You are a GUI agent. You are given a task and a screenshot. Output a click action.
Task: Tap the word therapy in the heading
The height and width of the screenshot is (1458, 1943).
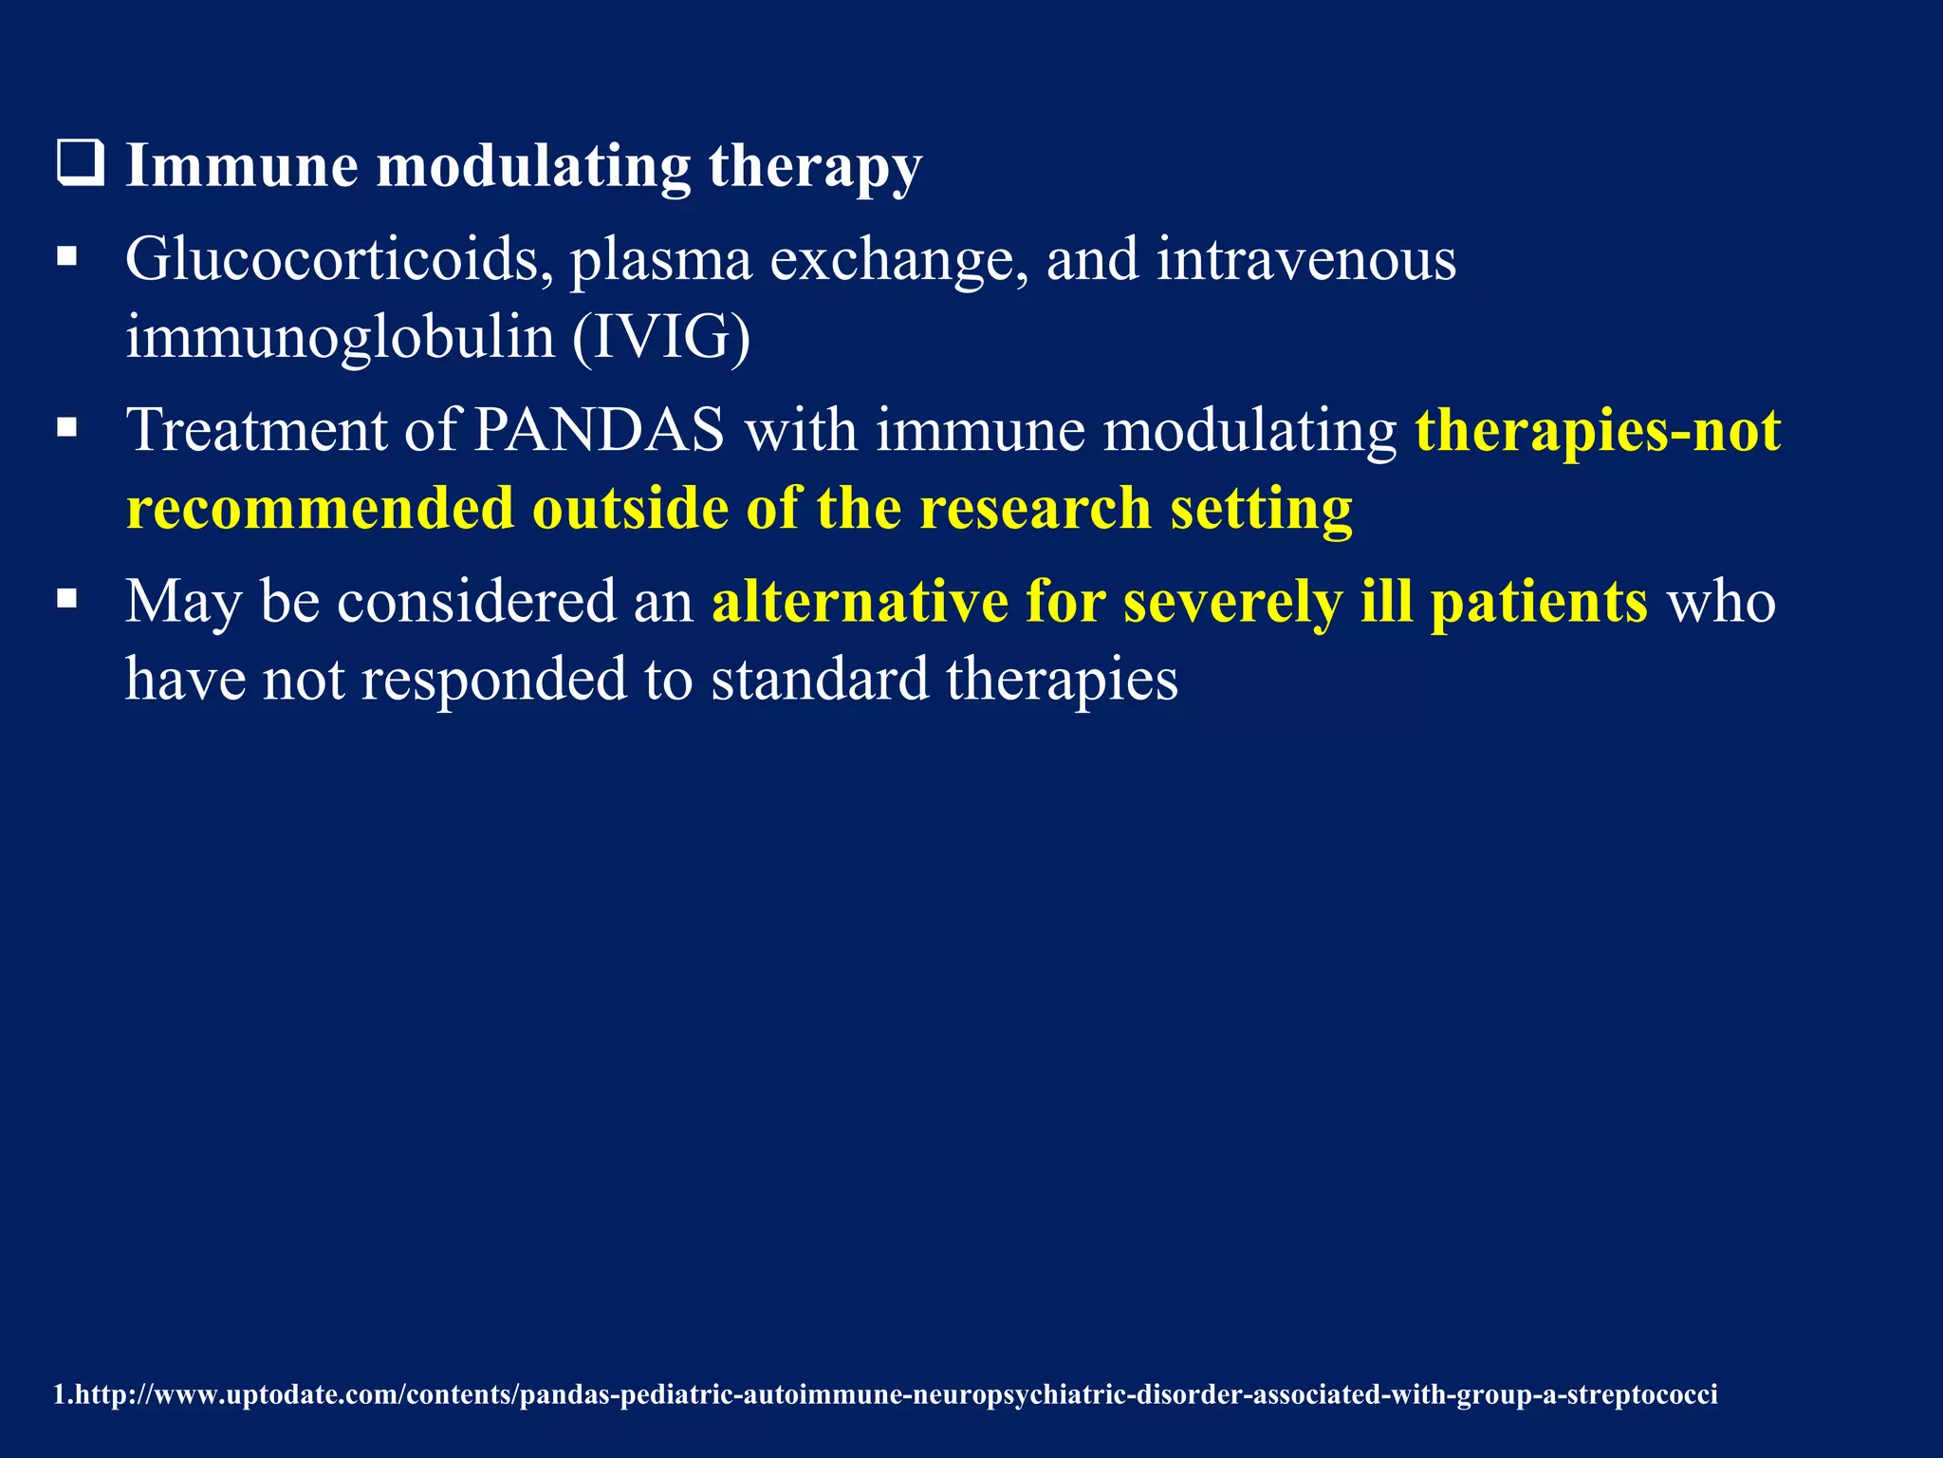point(814,167)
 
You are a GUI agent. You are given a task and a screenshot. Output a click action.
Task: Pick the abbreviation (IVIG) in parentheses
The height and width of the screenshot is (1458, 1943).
point(661,337)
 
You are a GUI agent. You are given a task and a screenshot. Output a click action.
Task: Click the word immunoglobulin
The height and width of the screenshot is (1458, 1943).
point(340,337)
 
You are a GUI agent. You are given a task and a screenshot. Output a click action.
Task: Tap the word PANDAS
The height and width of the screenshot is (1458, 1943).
point(599,430)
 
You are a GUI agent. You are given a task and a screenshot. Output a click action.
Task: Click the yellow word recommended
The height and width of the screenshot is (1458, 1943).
point(320,508)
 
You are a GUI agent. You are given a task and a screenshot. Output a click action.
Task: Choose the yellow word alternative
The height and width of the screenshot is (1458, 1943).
point(860,602)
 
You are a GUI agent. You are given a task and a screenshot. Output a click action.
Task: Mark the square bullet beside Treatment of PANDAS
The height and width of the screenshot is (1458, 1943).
point(66,428)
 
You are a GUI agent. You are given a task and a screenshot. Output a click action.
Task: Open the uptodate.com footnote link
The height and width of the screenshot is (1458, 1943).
point(884,1394)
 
